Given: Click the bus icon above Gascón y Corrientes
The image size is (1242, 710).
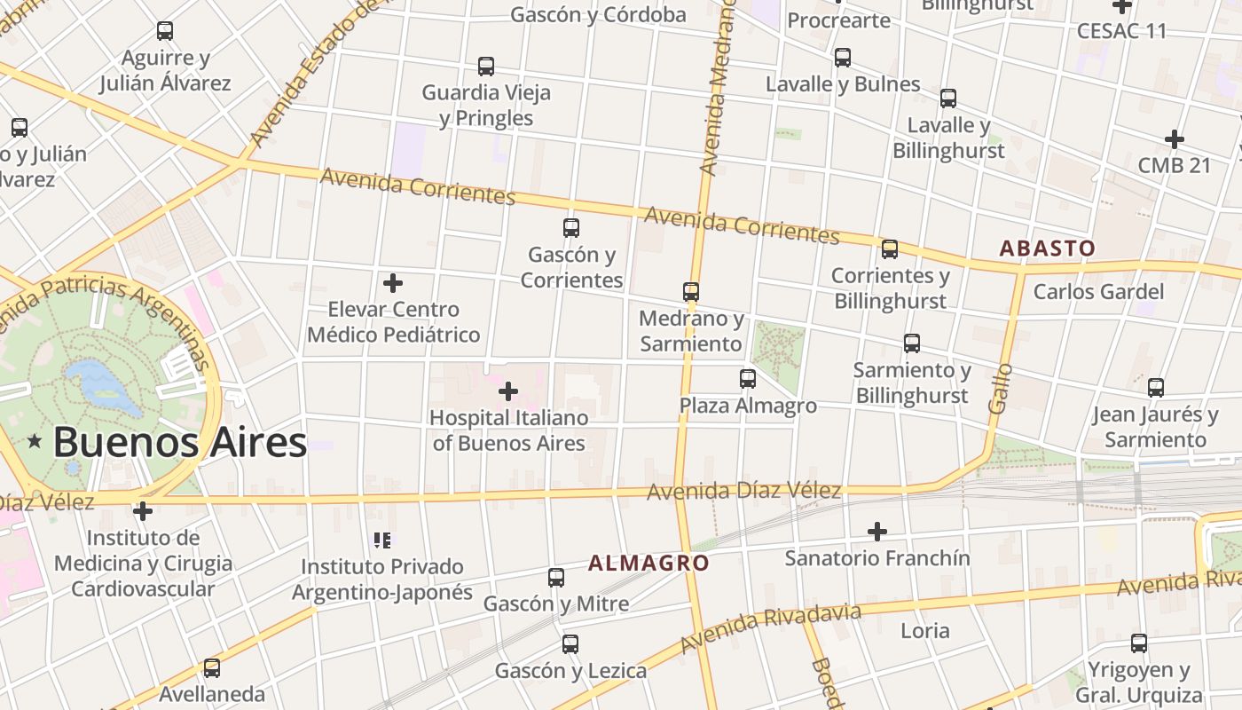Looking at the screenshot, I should (571, 228).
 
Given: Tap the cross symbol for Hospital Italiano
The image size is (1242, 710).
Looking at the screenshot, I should (508, 391).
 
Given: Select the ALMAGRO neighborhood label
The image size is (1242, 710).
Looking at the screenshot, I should (649, 563).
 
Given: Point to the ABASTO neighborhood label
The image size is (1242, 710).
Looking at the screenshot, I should (1047, 248).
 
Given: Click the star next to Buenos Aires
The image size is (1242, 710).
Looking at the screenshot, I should (35, 441).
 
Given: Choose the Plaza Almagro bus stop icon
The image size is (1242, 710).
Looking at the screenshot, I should (748, 379).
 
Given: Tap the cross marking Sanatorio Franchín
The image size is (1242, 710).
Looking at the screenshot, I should (877, 532).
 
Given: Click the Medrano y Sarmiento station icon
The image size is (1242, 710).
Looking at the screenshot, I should (691, 291).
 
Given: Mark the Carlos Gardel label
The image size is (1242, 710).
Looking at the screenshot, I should (1098, 291).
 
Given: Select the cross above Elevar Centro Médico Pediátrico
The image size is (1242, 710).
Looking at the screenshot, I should (393, 283).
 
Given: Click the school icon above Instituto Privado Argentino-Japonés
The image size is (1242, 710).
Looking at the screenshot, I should (382, 540).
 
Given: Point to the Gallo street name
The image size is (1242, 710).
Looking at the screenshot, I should (1000, 388).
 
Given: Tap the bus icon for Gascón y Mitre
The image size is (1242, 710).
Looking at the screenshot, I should (556, 578).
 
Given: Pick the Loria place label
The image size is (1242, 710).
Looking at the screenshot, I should (924, 631).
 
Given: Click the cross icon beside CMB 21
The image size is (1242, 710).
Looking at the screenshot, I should (1175, 139).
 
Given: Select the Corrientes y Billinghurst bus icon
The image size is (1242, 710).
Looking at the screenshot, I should (890, 249).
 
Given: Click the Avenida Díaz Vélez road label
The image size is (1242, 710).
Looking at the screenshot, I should (743, 491).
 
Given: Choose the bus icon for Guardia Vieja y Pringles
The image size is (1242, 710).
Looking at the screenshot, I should (486, 67).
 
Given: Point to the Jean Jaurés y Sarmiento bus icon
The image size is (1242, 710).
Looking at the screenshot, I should (1156, 388).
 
